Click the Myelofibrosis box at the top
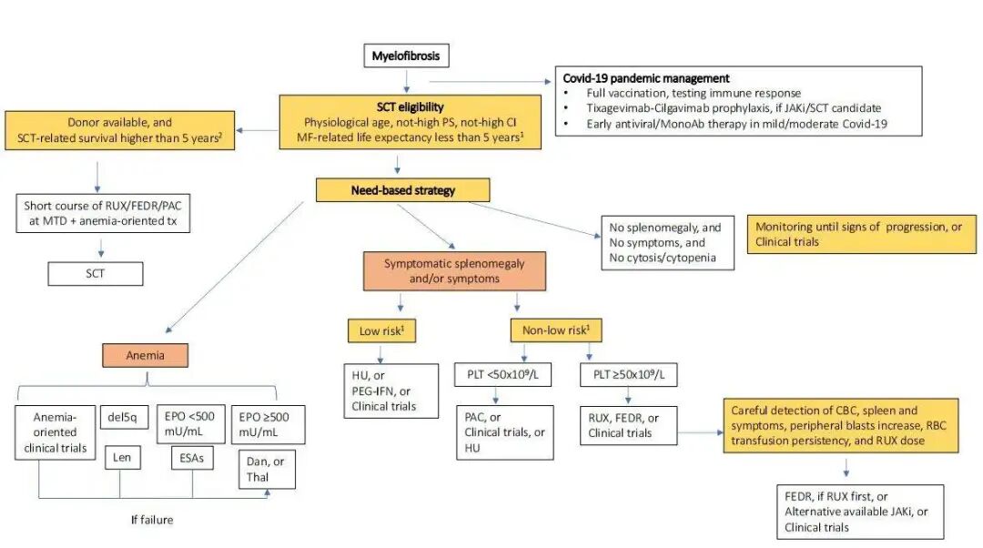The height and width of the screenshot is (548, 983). pos(406,56)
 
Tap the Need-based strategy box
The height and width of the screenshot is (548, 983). pos(403,190)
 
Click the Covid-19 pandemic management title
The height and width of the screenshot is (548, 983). pos(646,79)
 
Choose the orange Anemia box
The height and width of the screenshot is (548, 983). pos(145,355)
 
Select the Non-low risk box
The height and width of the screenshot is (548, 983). pos(554,330)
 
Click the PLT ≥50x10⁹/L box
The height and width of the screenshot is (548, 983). pos(627,375)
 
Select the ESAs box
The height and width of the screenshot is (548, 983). pos(191,461)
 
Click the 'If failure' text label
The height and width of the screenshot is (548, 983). pos(151,520)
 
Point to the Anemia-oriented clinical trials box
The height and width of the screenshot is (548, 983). pos(56,431)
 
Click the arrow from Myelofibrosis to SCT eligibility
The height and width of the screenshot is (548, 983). pos(406,82)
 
